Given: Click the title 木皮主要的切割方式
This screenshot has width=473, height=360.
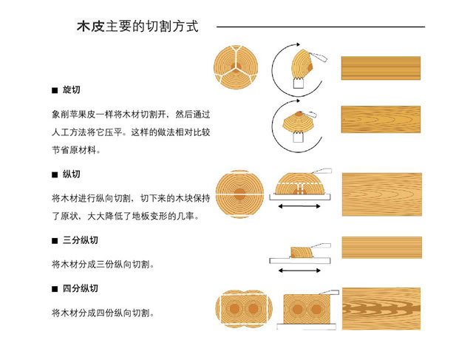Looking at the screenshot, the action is pyautogui.click(x=137, y=27).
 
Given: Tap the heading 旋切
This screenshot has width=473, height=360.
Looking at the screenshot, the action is pyautogui.click(x=71, y=89).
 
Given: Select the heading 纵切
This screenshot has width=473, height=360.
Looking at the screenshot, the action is pyautogui.click(x=71, y=174).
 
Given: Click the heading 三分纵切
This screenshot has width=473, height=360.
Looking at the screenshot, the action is pyautogui.click(x=81, y=240).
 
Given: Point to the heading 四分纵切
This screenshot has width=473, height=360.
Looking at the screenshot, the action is pyautogui.click(x=81, y=288).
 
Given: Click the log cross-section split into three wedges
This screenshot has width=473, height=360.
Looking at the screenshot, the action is pyautogui.click(x=236, y=67).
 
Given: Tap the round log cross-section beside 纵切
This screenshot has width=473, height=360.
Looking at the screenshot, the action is pyautogui.click(x=239, y=194).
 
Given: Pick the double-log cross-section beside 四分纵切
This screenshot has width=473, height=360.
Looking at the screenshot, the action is pyautogui.click(x=244, y=309).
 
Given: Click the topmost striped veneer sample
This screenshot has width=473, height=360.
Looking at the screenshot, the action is pyautogui.click(x=381, y=68).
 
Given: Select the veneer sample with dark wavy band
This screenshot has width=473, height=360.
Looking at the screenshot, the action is pyautogui.click(x=381, y=309).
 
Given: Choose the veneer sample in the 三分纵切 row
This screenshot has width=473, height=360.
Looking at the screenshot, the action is pyautogui.click(x=381, y=248).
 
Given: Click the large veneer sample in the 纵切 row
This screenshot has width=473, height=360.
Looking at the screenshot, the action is pyautogui.click(x=382, y=194).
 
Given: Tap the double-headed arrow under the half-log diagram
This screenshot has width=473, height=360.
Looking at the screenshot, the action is pyautogui.click(x=299, y=206).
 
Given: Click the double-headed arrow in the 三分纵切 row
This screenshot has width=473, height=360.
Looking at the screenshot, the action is pyautogui.click(x=299, y=271).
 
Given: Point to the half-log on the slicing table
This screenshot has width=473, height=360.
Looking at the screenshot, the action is pyautogui.click(x=300, y=183).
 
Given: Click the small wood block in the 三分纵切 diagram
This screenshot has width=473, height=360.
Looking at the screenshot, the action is pyautogui.click(x=302, y=252).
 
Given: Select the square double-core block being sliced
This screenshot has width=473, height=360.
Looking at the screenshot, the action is pyautogui.click(x=307, y=309).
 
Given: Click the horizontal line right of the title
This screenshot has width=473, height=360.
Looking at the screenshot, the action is pyautogui.click(x=321, y=27).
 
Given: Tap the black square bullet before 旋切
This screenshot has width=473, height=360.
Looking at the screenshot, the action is pyautogui.click(x=55, y=90).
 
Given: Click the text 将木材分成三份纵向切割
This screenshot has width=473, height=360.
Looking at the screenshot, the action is pyautogui.click(x=103, y=265).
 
